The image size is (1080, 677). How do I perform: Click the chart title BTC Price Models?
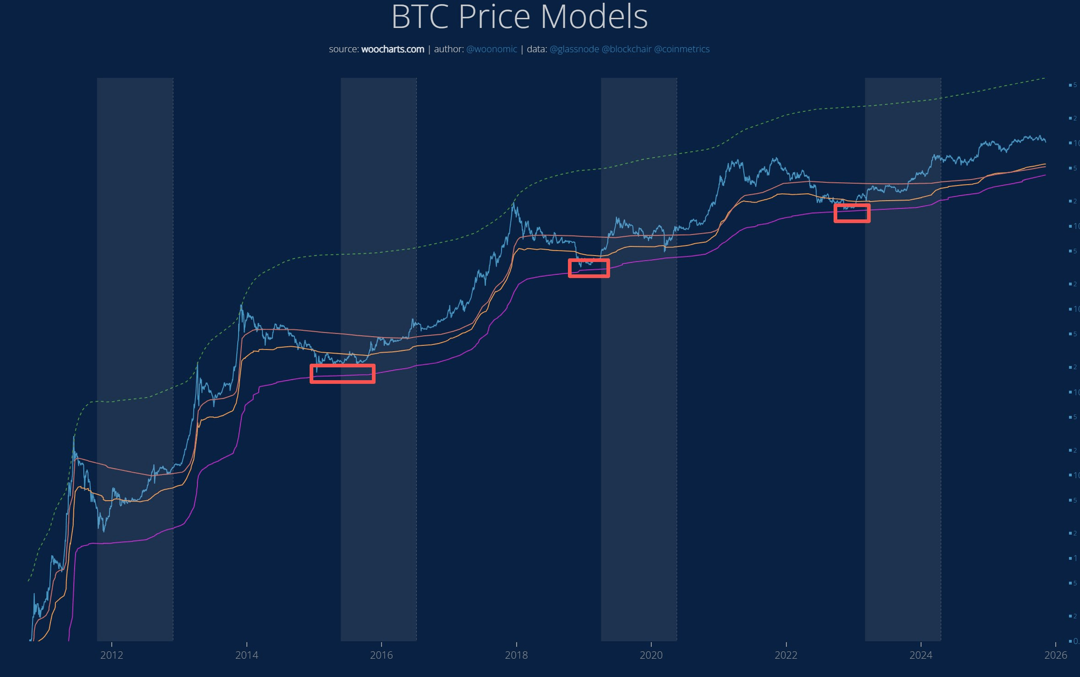pos(519,17)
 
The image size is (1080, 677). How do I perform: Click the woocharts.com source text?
pos(393,49)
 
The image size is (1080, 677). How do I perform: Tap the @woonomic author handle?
pos(491,49)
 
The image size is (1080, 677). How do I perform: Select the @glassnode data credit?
pos(574,49)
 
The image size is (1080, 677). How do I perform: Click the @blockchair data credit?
pos(626,49)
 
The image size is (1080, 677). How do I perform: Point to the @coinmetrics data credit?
pos(682,49)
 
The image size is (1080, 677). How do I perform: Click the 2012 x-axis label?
pos(112,655)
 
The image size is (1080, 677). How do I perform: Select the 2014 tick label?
pos(246,655)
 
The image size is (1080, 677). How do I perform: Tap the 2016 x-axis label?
pos(382,655)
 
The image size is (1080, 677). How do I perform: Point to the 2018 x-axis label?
pos(516,655)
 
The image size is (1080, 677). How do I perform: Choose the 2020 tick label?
pos(651,655)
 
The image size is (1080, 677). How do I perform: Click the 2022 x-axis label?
pos(786,655)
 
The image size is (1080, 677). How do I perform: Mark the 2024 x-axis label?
pos(921,655)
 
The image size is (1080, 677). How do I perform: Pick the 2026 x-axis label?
pos(1055,655)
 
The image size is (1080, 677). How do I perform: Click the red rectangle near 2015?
pos(343,374)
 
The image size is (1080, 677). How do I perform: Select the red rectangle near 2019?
pos(589,268)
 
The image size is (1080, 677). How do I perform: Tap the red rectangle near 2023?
pos(852,213)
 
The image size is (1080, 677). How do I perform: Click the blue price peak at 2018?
pos(514,203)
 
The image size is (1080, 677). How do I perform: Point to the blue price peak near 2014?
pos(241,306)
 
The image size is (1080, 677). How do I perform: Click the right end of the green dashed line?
pos(1045,78)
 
